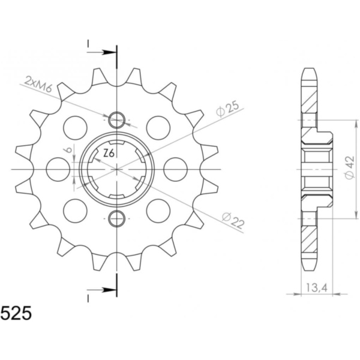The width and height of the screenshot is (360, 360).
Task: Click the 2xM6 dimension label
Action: point(38,84)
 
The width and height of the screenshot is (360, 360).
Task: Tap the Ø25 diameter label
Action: point(228,109)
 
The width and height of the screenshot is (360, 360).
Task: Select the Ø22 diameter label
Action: point(233,220)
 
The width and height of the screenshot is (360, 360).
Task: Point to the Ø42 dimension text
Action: point(349,167)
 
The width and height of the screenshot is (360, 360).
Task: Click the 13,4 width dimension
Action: point(316,287)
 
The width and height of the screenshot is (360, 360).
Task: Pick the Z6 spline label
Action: point(109,154)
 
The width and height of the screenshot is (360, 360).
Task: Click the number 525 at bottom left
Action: point(16,313)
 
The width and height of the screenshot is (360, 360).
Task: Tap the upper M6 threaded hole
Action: point(116,120)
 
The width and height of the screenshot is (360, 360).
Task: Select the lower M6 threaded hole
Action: point(116,218)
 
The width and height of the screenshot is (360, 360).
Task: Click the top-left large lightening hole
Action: point(76,128)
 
